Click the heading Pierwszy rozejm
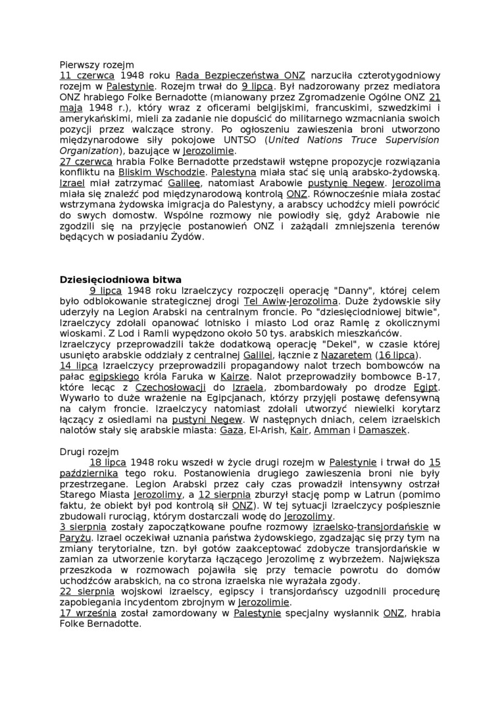click(97, 65)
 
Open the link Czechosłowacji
click(171, 387)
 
